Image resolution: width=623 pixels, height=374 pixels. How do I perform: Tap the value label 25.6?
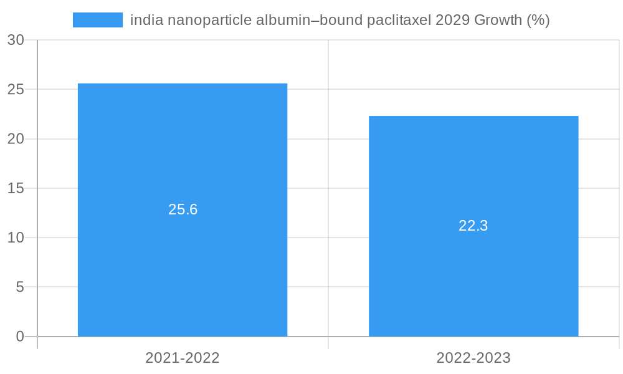[x=183, y=209]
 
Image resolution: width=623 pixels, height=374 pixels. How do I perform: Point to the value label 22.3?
[x=473, y=226]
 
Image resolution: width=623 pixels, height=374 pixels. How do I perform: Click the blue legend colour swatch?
[x=98, y=20]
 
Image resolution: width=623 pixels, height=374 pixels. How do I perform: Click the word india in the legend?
[x=143, y=20]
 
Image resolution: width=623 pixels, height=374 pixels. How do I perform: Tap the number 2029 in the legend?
[x=453, y=20]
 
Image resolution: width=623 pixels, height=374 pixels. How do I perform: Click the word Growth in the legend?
[x=498, y=20]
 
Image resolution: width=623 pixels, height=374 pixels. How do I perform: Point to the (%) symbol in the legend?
[x=538, y=20]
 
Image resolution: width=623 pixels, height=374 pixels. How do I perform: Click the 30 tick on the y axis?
[x=16, y=40]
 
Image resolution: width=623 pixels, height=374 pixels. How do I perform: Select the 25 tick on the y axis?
[x=16, y=89]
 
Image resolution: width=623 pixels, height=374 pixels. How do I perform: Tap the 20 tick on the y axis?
[x=16, y=138]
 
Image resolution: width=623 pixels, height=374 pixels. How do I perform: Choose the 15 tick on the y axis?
[x=16, y=188]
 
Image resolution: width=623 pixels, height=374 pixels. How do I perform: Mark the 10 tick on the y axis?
[x=16, y=237]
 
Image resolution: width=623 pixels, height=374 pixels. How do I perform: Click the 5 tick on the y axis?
[x=20, y=287]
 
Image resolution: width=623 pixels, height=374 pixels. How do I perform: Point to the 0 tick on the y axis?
[x=20, y=337]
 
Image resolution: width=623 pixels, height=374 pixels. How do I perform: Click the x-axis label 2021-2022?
[x=183, y=358]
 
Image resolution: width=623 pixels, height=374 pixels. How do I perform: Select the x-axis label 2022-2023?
[x=473, y=358]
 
